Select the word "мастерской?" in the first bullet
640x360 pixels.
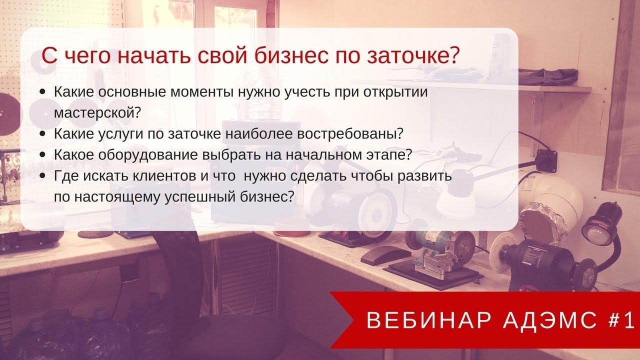point(96,111)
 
